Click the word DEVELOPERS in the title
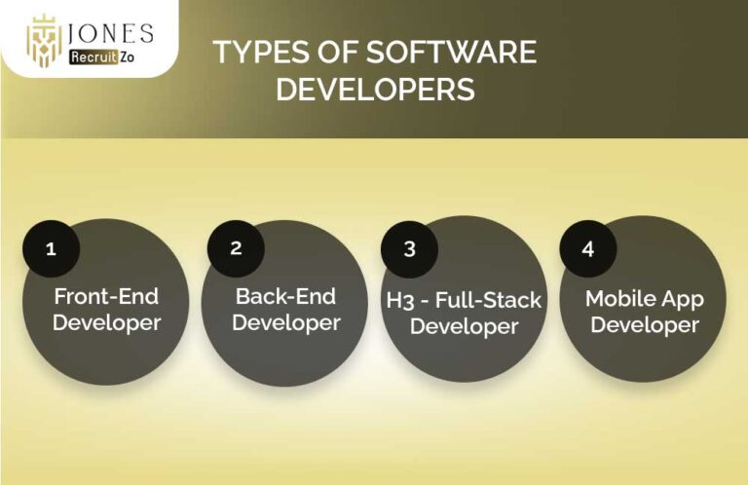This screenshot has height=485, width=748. tap(375, 90)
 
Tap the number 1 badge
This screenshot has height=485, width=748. tap(51, 248)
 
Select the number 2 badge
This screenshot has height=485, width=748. tap(236, 247)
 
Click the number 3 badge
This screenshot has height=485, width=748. tap(409, 248)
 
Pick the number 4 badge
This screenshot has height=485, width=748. tap(587, 248)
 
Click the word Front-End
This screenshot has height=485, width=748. tap(105, 297)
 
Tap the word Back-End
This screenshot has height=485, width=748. tap(286, 295)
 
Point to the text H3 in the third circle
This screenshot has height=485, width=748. tap(400, 299)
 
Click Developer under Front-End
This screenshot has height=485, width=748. tap(106, 322)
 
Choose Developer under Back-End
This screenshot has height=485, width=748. tap(286, 321)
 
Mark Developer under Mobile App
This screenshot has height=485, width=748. tap(645, 324)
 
